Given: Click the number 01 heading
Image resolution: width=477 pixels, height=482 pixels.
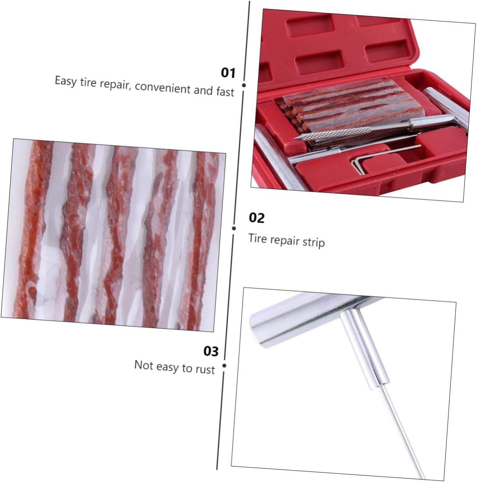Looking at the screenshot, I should (x=228, y=73).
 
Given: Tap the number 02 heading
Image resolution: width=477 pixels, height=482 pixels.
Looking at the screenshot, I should (x=257, y=218).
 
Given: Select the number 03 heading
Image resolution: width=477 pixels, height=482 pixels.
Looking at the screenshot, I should (x=211, y=351).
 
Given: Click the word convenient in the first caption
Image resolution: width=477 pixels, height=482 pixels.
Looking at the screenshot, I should (x=163, y=87).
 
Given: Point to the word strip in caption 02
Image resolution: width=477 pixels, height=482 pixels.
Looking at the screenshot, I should (x=313, y=242).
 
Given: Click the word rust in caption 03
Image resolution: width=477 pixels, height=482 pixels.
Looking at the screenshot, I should (x=205, y=370).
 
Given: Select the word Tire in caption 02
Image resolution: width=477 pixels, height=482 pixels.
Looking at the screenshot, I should (x=257, y=238).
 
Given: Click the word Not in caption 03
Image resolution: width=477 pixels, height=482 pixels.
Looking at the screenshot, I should (x=143, y=365).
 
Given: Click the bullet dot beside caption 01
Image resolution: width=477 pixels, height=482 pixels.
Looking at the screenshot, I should (x=244, y=85).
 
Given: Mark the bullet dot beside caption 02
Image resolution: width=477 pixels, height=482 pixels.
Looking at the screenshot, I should (x=234, y=228).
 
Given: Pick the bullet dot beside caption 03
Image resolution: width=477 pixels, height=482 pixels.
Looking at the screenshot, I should (x=224, y=366).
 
